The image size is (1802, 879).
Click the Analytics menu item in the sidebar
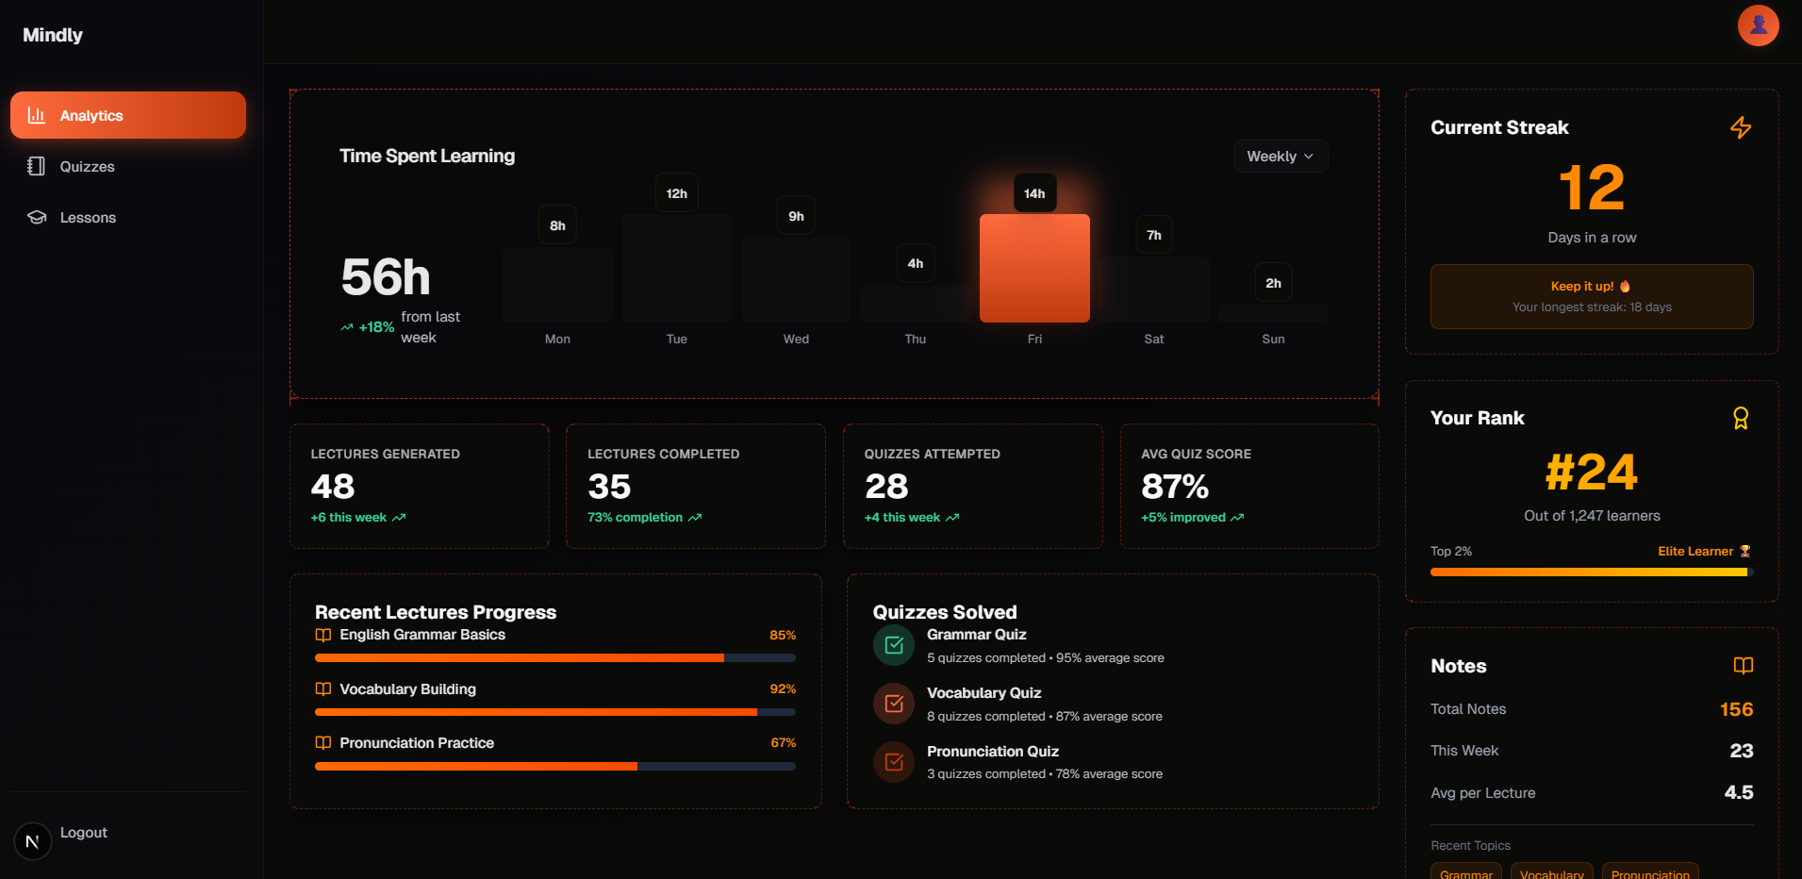[x=127, y=115]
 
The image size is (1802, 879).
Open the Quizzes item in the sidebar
[x=87, y=167]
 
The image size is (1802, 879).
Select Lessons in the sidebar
[x=88, y=218]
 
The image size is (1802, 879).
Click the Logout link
[x=83, y=833]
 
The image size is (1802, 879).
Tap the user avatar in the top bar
[x=1758, y=25]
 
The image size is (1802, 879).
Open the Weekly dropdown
[x=1280, y=157]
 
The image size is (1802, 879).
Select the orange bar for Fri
[x=1034, y=269]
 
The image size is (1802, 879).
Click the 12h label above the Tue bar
[x=676, y=193]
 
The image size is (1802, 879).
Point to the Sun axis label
[x=1273, y=340]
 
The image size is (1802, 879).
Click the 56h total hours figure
[x=386, y=277]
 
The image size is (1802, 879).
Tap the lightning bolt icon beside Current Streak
[x=1741, y=127]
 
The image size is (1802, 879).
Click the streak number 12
[x=1592, y=188]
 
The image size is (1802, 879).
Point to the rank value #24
[x=1592, y=473]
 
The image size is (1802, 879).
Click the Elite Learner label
[x=1695, y=552]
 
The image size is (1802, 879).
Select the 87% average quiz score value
[x=1175, y=487]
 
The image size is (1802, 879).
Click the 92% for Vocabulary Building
[x=783, y=689]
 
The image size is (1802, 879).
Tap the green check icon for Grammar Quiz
[x=894, y=645]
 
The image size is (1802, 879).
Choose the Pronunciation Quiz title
[x=992, y=752]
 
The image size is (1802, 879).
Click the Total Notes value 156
[x=1736, y=709]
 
